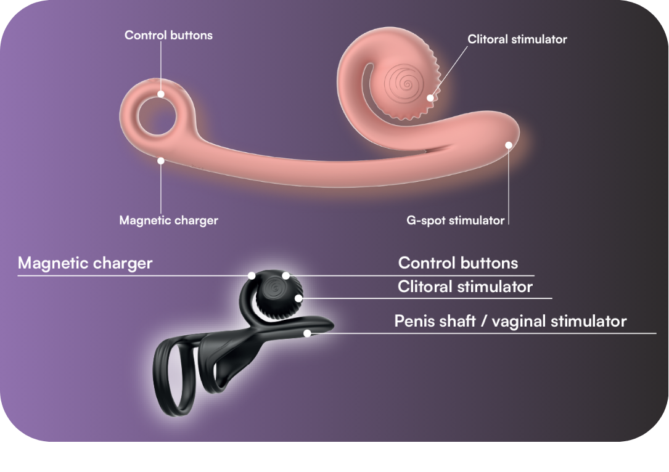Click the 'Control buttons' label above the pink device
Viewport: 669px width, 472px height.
tap(168, 35)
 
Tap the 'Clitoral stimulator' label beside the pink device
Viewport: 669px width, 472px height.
tap(517, 39)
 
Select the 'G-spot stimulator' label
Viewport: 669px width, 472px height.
tap(455, 221)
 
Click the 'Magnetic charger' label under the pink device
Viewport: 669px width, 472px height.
tap(168, 221)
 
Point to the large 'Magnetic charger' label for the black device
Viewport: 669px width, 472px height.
tap(85, 263)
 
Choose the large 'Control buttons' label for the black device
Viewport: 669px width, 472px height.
tap(458, 263)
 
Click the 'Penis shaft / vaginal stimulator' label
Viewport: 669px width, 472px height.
tap(511, 321)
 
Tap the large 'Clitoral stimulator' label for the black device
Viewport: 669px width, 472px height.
tap(465, 287)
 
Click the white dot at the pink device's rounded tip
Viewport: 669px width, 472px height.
tap(509, 145)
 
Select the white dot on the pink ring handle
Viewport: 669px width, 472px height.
tap(161, 94)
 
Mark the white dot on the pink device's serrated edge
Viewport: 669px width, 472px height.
tap(430, 98)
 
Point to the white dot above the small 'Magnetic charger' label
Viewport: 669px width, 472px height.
tap(161, 161)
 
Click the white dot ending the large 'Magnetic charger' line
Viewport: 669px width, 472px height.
tap(252, 276)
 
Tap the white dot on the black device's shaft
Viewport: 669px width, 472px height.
tap(307, 333)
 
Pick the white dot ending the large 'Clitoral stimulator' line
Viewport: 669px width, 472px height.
tap(299, 298)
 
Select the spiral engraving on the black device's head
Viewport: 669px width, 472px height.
tap(275, 289)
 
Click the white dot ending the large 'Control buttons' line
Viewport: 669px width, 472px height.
tap(286, 276)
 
